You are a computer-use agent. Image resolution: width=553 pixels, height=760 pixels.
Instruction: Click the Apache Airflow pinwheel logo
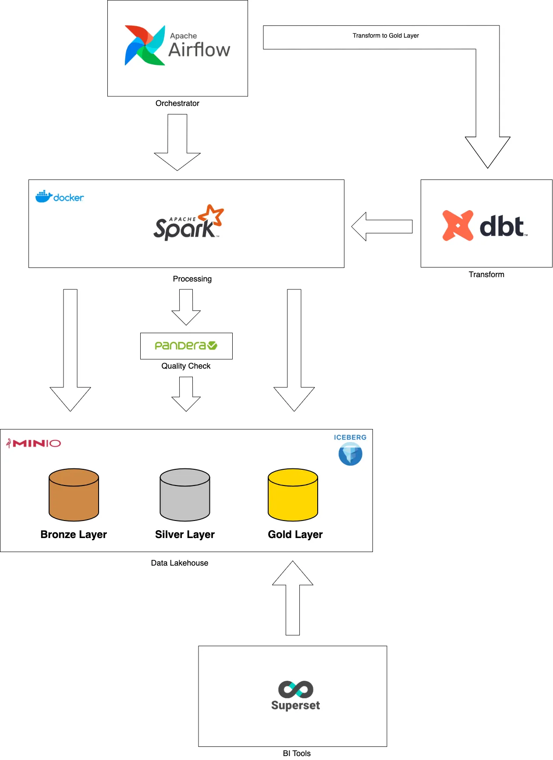tap(145, 46)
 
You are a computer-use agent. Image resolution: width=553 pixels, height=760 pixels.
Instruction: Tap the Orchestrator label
tap(177, 103)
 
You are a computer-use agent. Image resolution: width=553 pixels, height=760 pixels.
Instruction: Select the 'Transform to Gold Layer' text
tap(386, 36)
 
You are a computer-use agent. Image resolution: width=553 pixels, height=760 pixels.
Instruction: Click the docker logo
tap(60, 197)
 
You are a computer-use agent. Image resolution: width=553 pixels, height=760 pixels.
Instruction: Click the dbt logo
tap(485, 226)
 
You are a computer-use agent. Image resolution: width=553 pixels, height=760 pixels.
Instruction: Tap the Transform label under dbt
tap(486, 274)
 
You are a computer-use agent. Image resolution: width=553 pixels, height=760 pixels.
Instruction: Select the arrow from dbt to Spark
tap(382, 226)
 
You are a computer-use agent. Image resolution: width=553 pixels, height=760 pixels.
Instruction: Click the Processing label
tap(192, 279)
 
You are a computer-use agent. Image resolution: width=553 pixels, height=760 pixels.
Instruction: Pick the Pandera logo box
tap(186, 346)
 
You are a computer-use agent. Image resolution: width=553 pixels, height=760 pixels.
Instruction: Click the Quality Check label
tap(186, 366)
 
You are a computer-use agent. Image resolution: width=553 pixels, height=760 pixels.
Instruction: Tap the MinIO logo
tap(34, 443)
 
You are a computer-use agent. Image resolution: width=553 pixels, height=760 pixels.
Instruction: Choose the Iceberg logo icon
tap(350, 454)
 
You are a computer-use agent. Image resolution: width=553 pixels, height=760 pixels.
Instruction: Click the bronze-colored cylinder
tap(74, 495)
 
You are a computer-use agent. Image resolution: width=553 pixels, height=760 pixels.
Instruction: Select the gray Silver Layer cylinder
tap(185, 495)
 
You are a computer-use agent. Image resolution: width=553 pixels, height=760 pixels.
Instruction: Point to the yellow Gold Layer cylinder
tap(293, 495)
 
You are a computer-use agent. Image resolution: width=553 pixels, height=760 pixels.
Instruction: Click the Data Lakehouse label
tap(179, 563)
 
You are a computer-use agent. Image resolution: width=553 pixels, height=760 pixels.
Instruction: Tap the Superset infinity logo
tap(296, 690)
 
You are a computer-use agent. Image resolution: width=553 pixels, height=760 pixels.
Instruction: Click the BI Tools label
tap(297, 753)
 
